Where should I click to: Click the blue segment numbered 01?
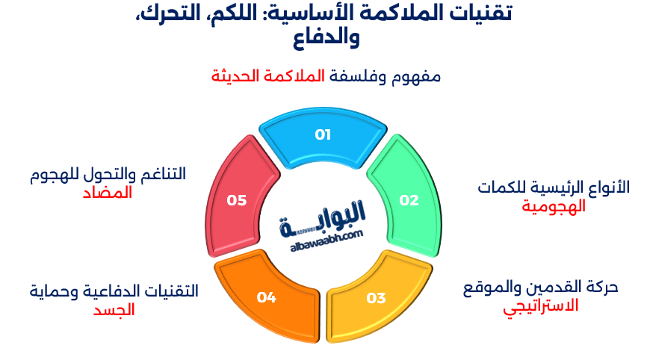point(322,135)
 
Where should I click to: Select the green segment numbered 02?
point(408,199)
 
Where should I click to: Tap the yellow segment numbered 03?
point(376,298)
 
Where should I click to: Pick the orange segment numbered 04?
point(267,297)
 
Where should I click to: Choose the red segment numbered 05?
point(237,199)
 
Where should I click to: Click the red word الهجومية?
point(554,207)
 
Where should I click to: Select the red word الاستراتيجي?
point(540,305)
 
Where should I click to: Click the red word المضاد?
point(108,192)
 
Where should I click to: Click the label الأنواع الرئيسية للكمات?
point(554,187)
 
